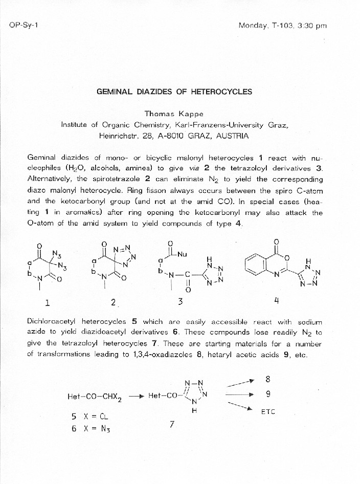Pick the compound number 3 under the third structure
(181, 302)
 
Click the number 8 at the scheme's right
(268, 379)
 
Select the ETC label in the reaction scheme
(268, 411)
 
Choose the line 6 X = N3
(91, 429)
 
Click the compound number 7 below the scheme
(172, 424)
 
